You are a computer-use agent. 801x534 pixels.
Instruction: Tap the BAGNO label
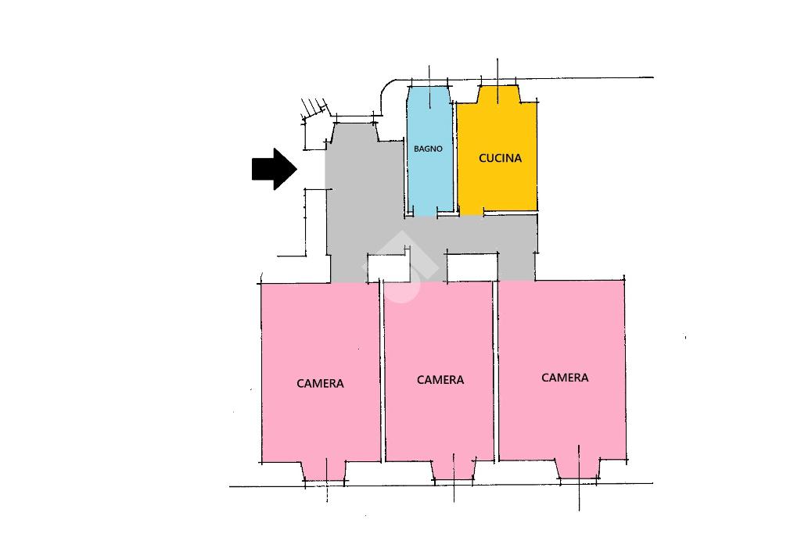[x=428, y=149]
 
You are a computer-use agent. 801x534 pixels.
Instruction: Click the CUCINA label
[x=500, y=158]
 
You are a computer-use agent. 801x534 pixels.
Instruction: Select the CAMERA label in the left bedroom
[x=320, y=383]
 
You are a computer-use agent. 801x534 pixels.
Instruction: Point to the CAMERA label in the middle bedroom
[x=440, y=380]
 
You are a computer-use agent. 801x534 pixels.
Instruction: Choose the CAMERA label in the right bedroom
[x=565, y=378]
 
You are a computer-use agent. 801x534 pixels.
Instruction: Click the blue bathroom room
[x=429, y=180]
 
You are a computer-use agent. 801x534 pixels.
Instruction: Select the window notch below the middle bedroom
[x=454, y=468]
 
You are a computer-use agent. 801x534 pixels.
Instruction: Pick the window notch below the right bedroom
[x=579, y=468]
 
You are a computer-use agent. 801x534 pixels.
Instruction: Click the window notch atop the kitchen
[x=497, y=95]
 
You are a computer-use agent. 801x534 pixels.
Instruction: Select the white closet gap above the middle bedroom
[x=470, y=267]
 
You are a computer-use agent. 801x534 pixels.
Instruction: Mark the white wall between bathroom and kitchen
[x=455, y=156]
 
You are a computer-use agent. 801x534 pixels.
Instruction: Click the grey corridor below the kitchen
[x=501, y=235]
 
